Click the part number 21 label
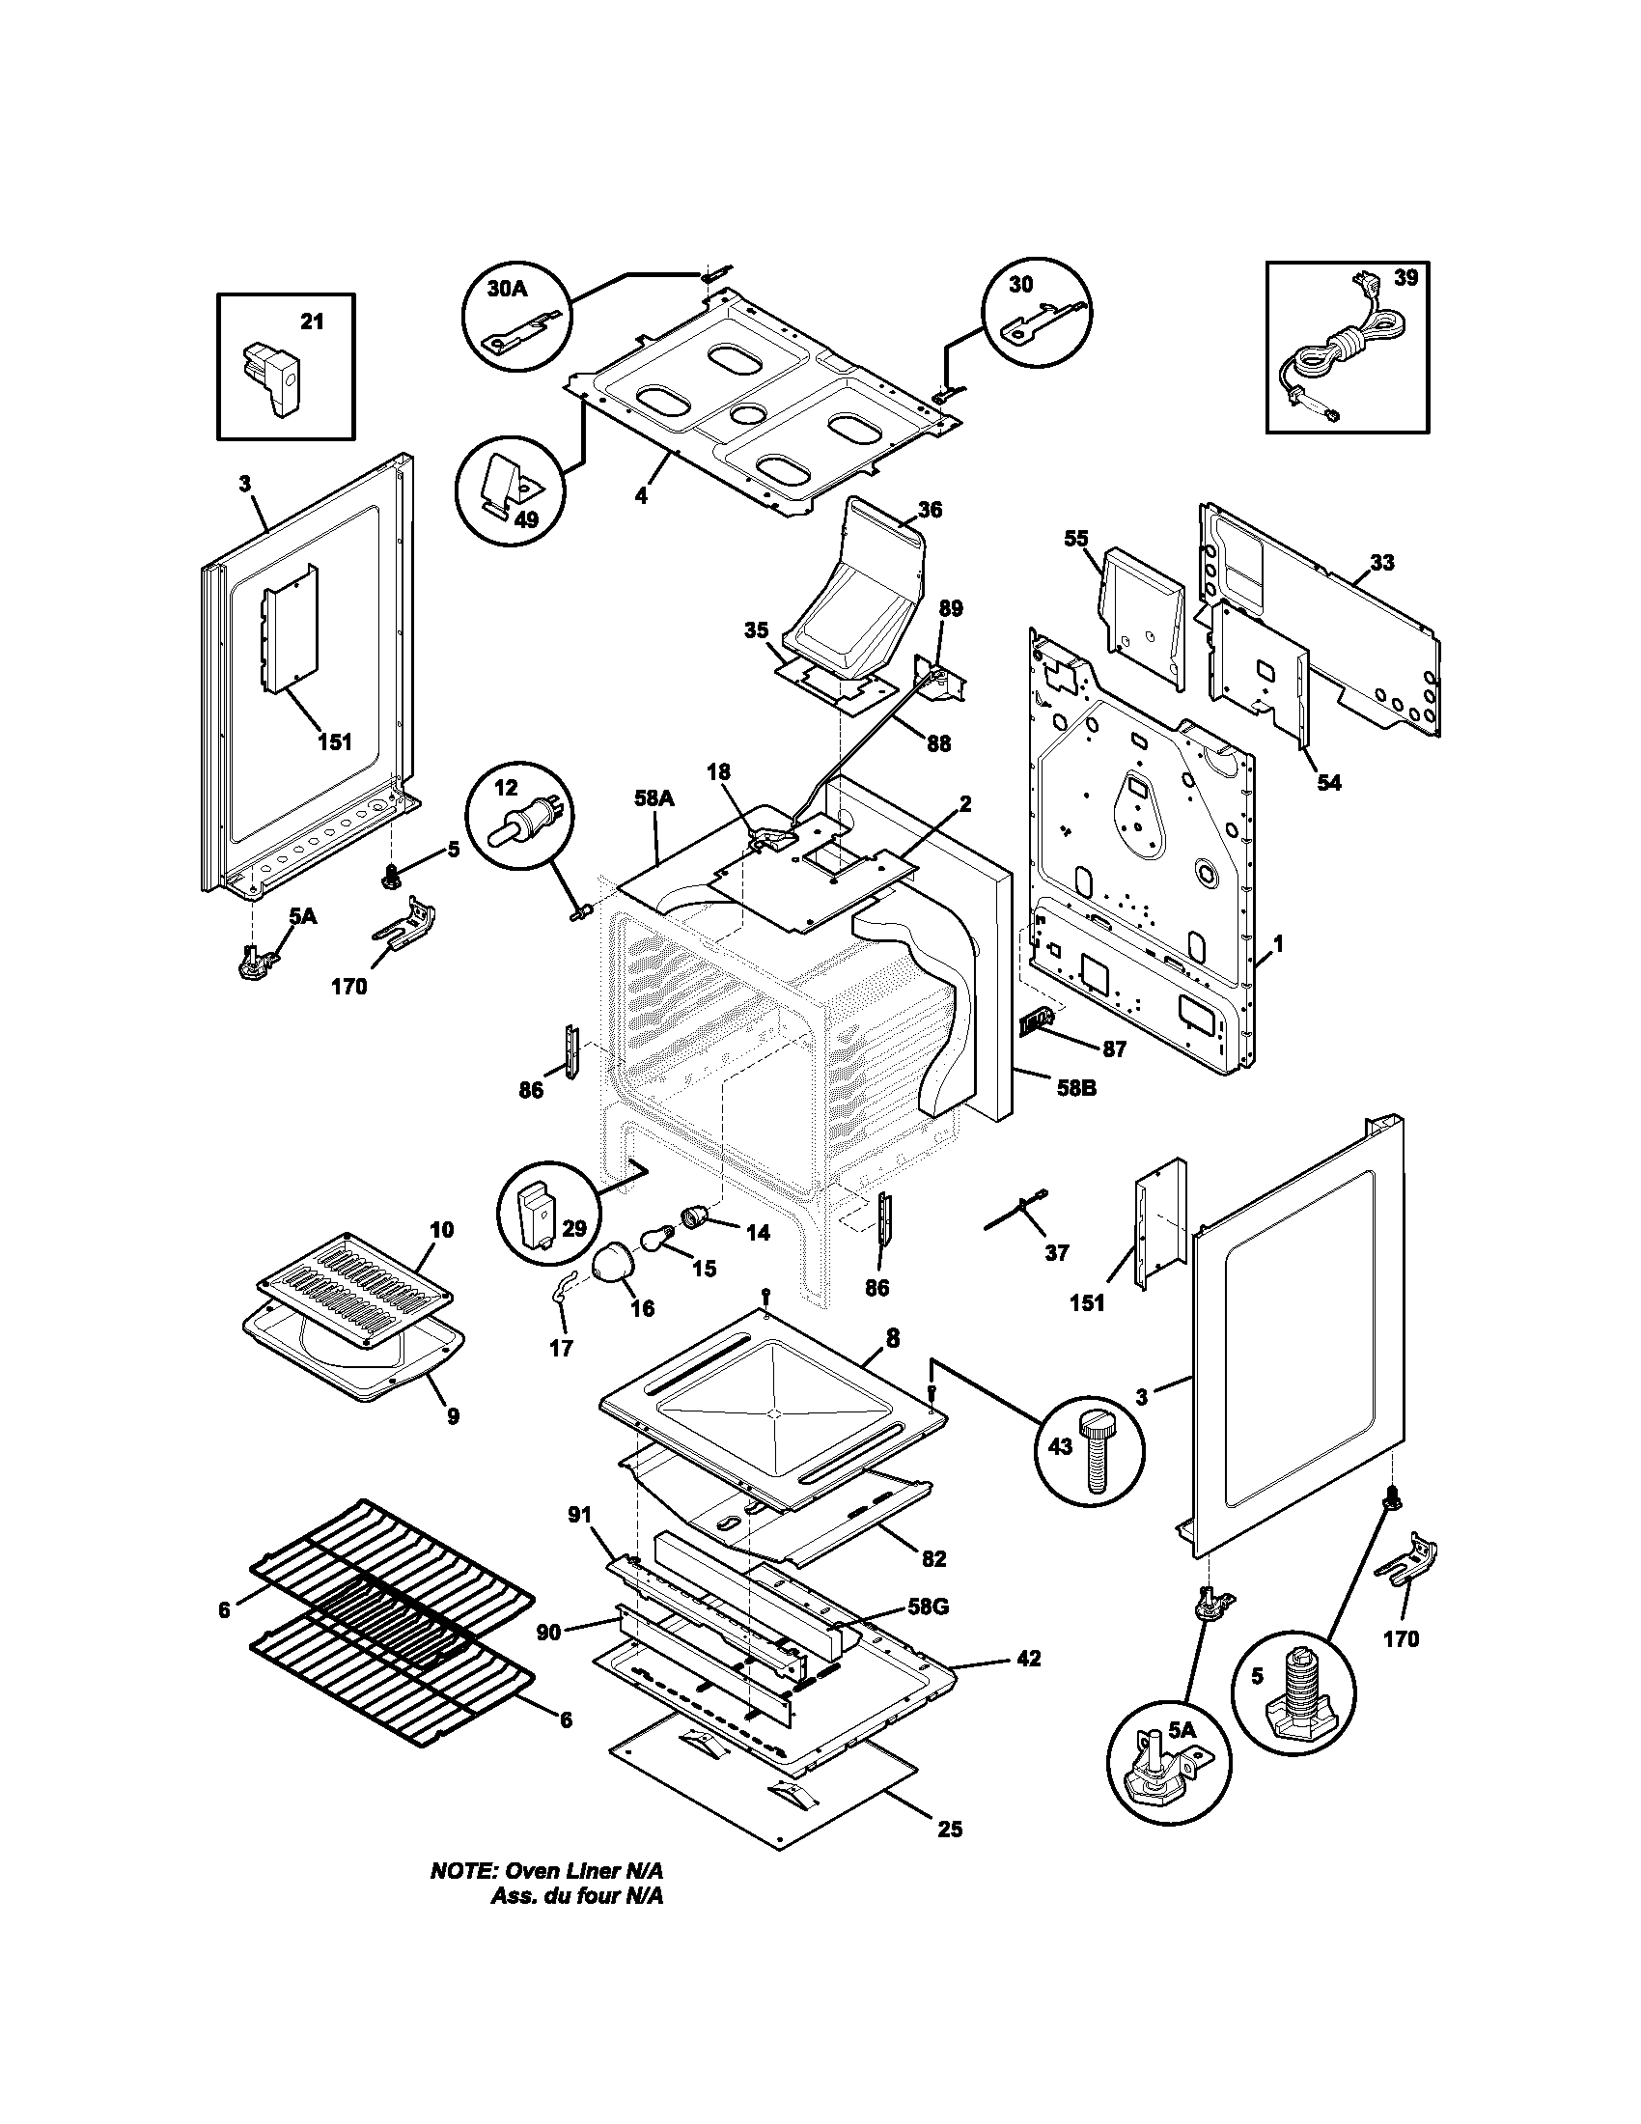tap(311, 321)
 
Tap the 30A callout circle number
tap(507, 289)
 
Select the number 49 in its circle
tap(525, 519)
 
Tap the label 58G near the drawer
tap(928, 1606)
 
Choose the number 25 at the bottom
tap(950, 1830)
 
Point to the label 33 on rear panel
tap(1381, 562)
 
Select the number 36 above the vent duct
tap(929, 510)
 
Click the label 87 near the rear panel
tap(1113, 1049)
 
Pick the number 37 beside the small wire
tap(1056, 1252)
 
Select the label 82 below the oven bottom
tap(932, 1558)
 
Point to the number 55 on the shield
tap(1076, 539)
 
